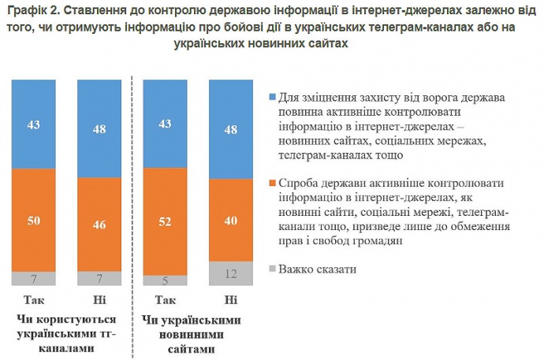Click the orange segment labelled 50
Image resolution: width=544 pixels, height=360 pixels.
34,221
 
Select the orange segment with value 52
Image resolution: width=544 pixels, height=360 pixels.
165,222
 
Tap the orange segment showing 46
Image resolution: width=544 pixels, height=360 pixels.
99,225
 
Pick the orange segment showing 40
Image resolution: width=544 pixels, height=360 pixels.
230,221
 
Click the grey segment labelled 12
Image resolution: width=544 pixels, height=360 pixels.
230,273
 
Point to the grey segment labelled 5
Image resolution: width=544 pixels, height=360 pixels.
165,280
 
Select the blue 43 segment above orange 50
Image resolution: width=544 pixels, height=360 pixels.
34,125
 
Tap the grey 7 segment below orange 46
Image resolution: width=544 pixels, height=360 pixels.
99,278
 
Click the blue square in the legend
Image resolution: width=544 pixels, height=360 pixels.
272,98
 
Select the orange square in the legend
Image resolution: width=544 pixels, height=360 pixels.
272,184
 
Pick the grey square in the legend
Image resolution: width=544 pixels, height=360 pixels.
272,269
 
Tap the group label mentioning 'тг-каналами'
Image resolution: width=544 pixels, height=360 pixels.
66,332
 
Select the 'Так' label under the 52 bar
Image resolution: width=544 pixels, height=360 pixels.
165,300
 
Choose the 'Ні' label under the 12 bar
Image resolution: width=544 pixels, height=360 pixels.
230,300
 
